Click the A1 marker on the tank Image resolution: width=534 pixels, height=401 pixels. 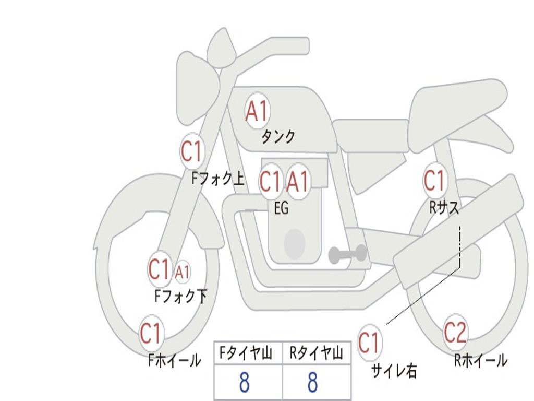(257, 111)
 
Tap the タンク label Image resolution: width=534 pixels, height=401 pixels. (278, 137)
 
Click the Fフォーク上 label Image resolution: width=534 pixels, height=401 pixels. (217, 180)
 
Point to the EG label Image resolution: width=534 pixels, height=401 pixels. (281, 208)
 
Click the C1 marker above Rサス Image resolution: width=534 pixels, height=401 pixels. (434, 181)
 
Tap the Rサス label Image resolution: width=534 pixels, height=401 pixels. (444, 208)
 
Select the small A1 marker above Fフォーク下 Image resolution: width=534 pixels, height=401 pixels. (182, 272)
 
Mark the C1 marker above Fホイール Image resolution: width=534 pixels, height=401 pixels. (151, 333)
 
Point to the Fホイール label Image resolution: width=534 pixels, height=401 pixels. (174, 360)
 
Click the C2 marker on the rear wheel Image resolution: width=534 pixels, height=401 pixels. (455, 332)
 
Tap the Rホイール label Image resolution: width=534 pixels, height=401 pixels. (480, 360)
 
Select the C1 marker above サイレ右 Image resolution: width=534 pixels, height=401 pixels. (369, 343)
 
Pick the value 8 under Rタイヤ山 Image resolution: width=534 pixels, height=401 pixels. (312, 383)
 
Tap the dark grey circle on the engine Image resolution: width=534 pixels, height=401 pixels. (295, 243)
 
